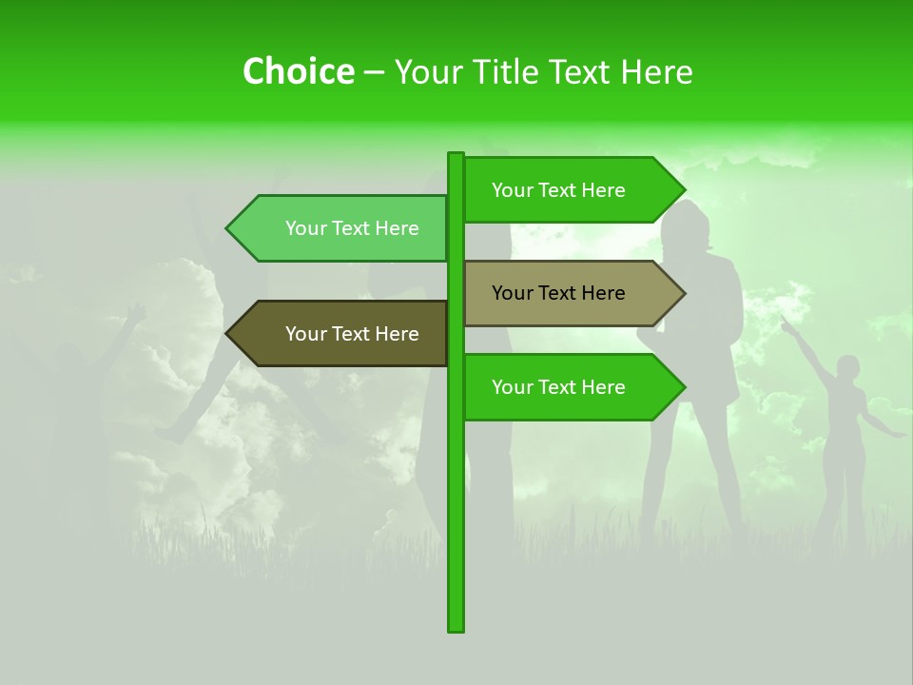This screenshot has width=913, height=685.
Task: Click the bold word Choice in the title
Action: (298, 72)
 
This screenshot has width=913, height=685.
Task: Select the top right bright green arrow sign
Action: (571, 190)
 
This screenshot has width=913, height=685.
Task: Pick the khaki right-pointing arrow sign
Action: (571, 293)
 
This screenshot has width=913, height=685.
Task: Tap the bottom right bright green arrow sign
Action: (571, 387)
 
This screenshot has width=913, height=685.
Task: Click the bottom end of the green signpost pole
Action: (456, 627)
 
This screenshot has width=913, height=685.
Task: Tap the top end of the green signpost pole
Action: (456, 156)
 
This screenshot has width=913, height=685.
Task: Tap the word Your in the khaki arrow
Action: (512, 293)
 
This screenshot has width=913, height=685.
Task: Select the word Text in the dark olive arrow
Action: (353, 334)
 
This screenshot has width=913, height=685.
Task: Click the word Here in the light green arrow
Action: (398, 228)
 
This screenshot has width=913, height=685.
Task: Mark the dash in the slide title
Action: (374, 72)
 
